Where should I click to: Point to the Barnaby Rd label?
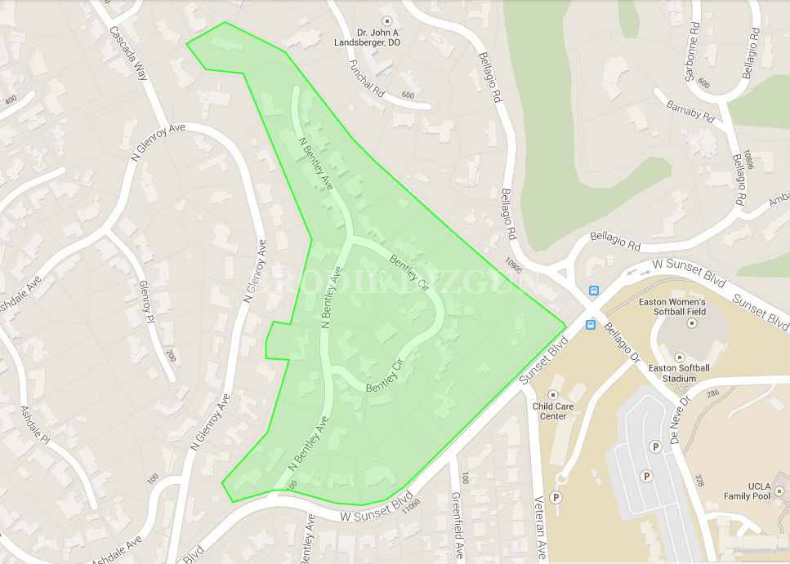(x=690, y=112)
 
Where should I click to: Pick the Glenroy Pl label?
(x=146, y=301)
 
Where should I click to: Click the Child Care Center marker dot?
(x=552, y=394)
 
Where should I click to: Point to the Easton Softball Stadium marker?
(x=680, y=357)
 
